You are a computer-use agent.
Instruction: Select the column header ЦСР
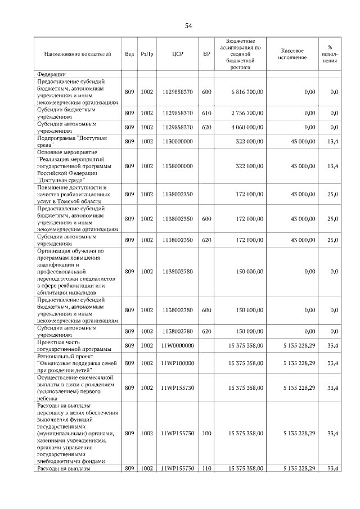click(x=178, y=54)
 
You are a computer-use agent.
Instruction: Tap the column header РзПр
click(x=147, y=54)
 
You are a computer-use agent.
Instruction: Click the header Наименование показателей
click(x=76, y=54)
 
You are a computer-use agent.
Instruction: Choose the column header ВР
click(x=206, y=54)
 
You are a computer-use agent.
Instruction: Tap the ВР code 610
click(x=206, y=113)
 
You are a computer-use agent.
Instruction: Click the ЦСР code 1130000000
click(x=177, y=141)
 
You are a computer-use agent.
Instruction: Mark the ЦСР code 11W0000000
click(x=177, y=345)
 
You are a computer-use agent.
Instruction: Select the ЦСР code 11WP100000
click(x=177, y=363)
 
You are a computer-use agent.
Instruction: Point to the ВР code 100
click(x=206, y=433)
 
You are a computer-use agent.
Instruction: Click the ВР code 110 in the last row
click(x=206, y=468)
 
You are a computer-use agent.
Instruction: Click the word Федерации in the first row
click(x=52, y=74)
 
